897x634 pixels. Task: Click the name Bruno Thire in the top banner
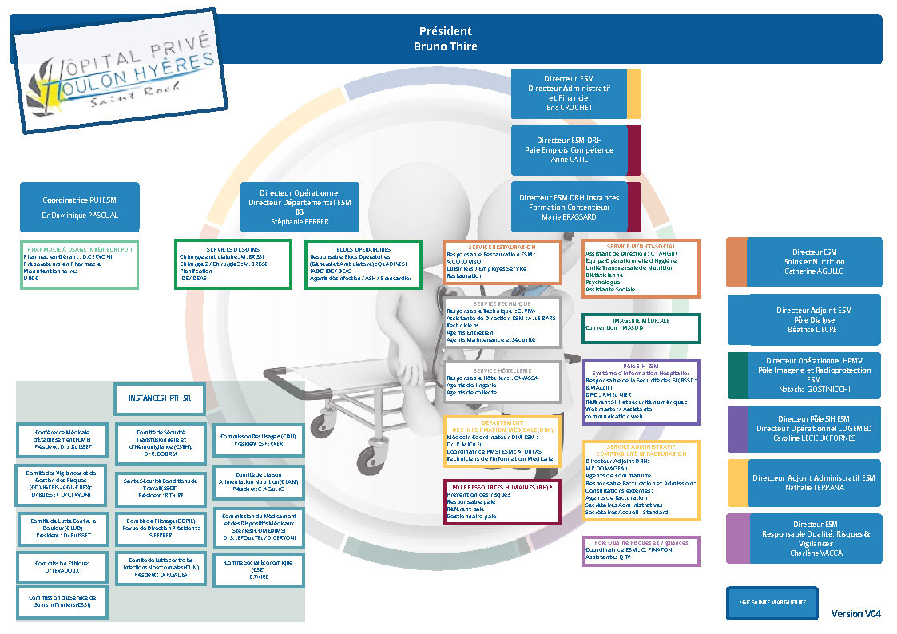click(445, 46)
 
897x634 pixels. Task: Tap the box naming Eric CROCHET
click(569, 93)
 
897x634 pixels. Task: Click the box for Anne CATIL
click(568, 149)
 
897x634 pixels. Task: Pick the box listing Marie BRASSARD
click(568, 207)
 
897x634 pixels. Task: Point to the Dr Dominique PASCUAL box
click(79, 208)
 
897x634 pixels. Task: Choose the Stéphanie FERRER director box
click(300, 207)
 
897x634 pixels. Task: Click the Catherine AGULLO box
click(812, 262)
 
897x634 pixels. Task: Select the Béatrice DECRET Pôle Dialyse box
click(812, 319)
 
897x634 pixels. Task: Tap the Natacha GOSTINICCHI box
click(812, 374)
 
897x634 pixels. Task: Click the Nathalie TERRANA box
click(812, 482)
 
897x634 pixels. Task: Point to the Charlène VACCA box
click(812, 538)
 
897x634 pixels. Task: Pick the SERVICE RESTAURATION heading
click(501, 247)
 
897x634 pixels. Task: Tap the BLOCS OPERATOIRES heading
click(363, 249)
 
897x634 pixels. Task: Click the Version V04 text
click(855, 614)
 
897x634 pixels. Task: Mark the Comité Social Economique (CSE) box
click(257, 569)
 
